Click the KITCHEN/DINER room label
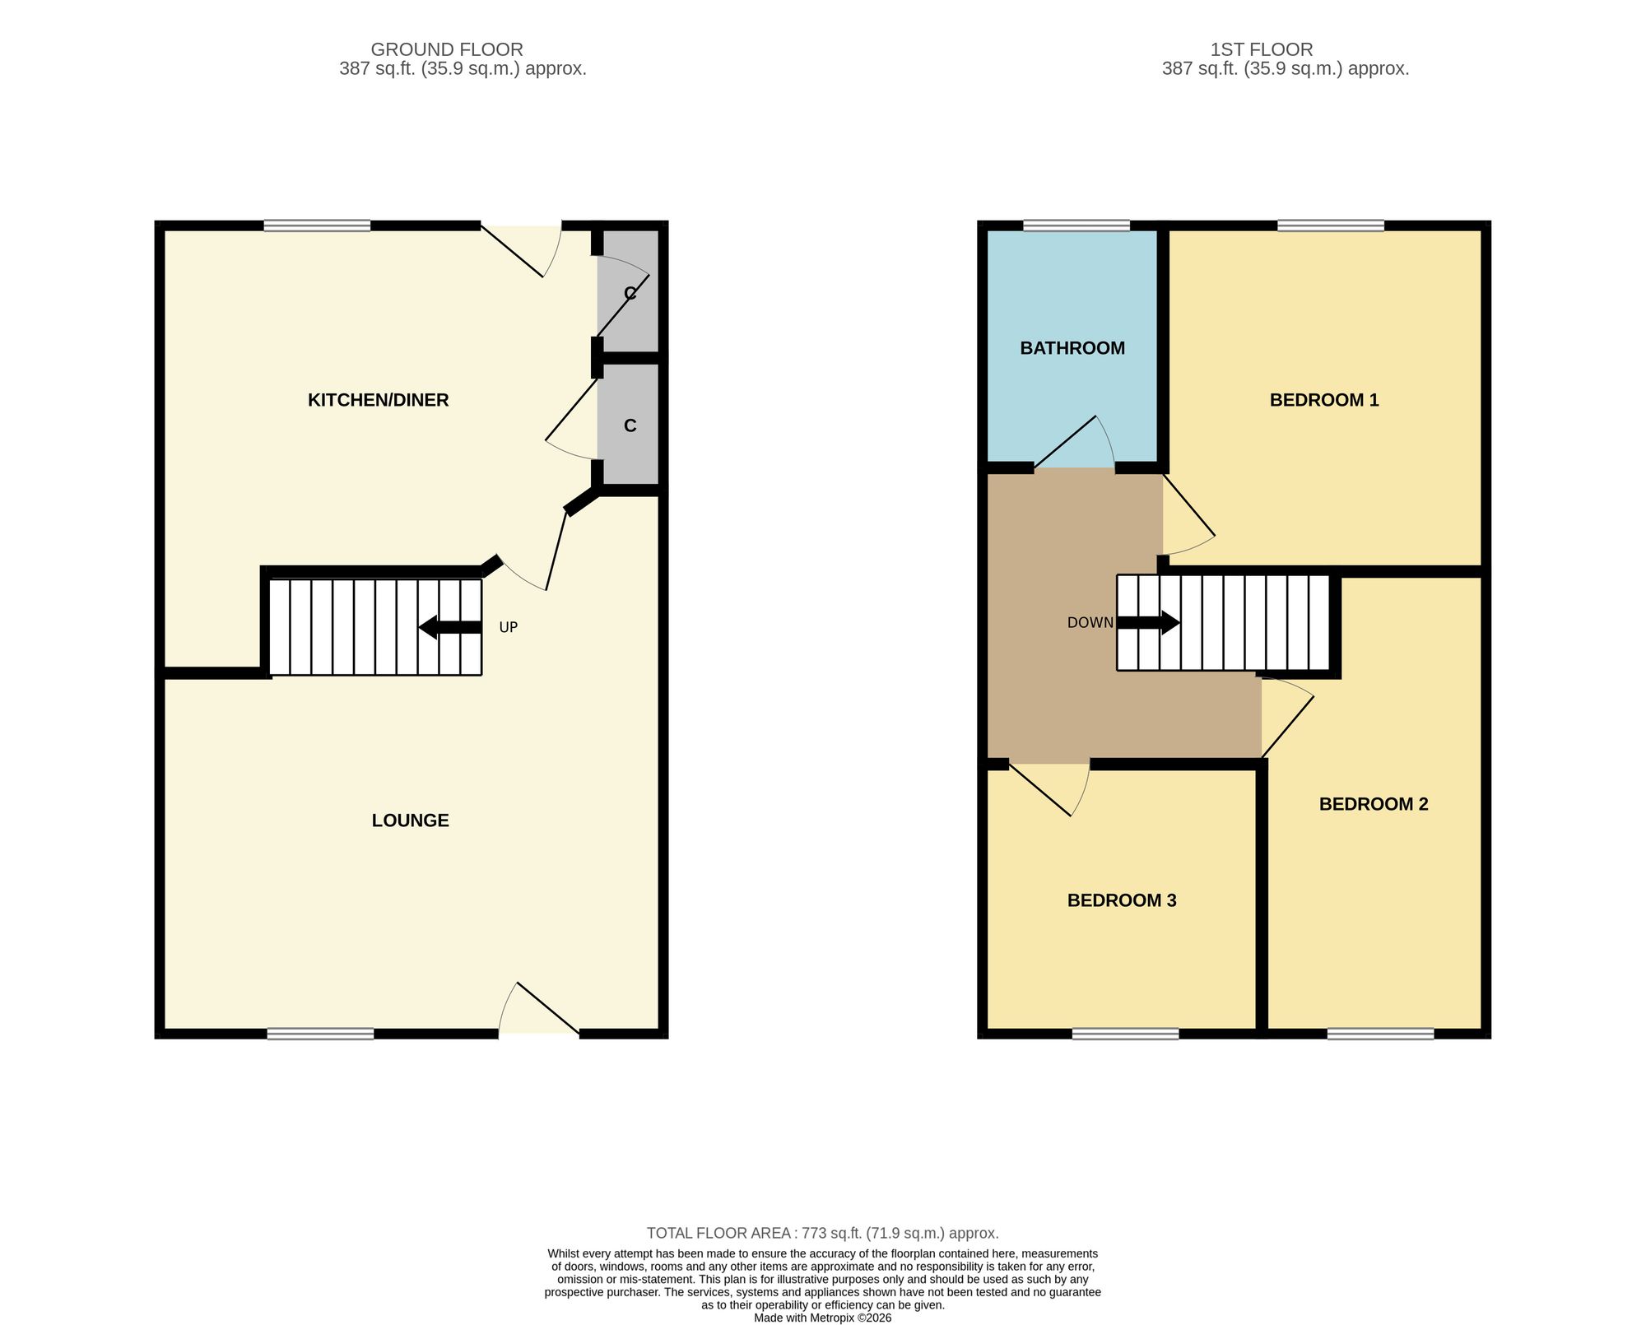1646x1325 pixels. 378,400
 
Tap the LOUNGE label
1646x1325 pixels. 410,821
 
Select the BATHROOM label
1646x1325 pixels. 1072,348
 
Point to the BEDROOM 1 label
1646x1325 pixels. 1324,400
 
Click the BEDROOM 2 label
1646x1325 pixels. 1374,804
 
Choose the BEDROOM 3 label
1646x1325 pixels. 1122,900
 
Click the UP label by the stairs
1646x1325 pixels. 509,627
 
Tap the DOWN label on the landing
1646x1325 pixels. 1090,623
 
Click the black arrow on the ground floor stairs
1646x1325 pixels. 450,627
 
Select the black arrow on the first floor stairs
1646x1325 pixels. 1148,623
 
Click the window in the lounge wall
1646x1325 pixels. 320,1034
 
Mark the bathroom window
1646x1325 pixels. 1076,225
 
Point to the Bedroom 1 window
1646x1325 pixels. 1331,225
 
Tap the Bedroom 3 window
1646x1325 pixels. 1125,1034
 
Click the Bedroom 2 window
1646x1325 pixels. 1380,1034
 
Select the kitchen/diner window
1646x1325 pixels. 317,225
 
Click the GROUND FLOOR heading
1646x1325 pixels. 447,49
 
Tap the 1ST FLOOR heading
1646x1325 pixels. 1262,49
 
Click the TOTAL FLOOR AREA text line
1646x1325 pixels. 823,1233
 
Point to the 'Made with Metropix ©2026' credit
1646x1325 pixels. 823,1318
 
